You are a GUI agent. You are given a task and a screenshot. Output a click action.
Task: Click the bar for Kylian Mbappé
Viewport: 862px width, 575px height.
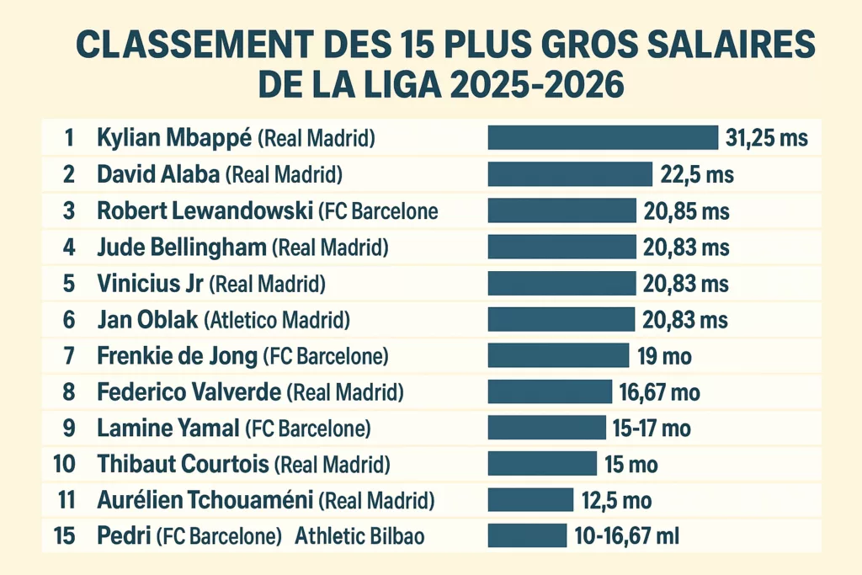(603, 138)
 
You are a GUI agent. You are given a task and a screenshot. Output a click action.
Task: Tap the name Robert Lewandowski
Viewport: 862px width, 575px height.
(205, 210)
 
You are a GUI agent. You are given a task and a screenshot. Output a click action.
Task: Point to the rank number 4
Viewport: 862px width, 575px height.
(69, 247)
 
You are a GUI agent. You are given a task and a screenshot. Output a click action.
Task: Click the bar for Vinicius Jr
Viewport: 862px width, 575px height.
(561, 283)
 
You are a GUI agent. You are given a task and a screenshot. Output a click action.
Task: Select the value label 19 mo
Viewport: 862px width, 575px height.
(665, 356)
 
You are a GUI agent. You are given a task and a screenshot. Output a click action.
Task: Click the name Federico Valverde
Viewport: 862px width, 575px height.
(189, 392)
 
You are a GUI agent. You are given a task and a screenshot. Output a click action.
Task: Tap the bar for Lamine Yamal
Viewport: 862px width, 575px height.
(546, 429)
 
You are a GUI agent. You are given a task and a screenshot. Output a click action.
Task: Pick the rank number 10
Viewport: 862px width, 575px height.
(67, 464)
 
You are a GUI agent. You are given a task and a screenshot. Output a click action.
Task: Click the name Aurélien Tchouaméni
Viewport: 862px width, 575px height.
(205, 501)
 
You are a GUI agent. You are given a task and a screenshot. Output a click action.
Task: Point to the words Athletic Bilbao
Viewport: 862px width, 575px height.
(359, 536)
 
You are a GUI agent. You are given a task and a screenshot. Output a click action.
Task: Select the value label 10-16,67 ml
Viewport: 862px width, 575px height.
(626, 536)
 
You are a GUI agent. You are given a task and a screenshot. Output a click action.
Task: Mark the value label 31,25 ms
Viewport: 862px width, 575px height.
(767, 138)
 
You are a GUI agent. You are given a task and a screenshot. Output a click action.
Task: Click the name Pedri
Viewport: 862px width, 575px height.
(120, 536)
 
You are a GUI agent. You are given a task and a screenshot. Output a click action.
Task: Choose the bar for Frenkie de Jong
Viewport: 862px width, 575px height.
(558, 356)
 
